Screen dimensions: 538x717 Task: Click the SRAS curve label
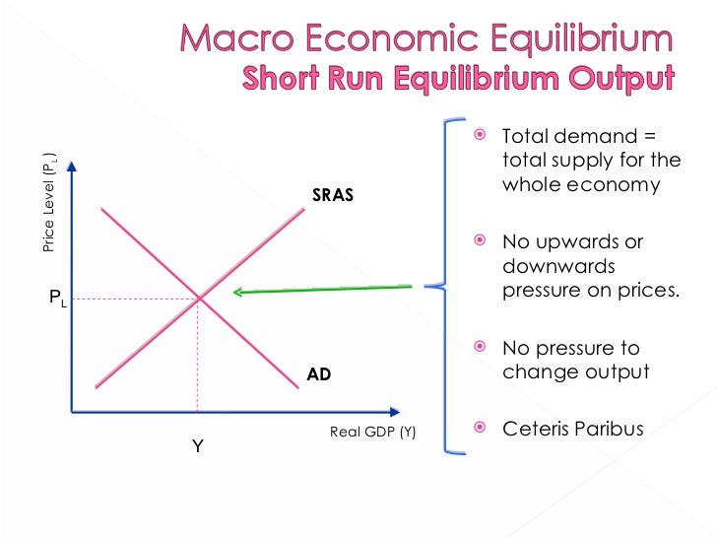click(x=332, y=195)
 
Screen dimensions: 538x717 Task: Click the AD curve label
click(x=319, y=374)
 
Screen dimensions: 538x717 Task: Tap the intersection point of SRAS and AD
click(x=200, y=297)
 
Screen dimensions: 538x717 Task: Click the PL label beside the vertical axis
click(x=58, y=297)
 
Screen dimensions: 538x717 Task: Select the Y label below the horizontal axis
click(x=197, y=446)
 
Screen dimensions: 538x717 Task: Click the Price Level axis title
click(x=50, y=202)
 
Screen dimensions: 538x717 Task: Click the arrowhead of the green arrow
click(x=236, y=292)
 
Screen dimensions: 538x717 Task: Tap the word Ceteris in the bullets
click(x=536, y=429)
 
